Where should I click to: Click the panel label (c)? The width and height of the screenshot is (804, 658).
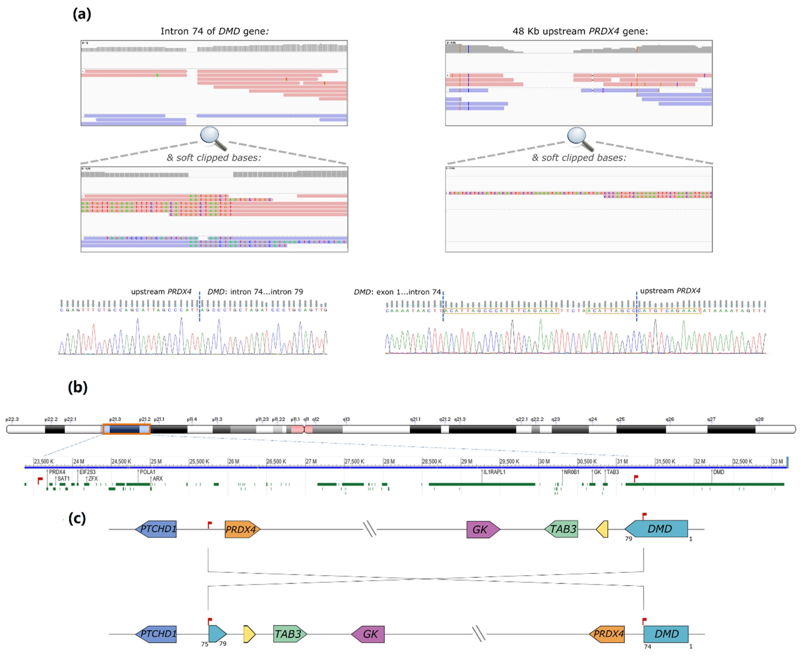point(77,518)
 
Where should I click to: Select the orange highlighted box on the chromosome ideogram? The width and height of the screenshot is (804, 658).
point(126,429)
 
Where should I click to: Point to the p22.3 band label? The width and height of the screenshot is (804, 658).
point(12,419)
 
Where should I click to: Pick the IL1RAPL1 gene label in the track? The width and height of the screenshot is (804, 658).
point(494,472)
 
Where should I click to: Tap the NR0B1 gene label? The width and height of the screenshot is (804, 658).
point(572,472)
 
